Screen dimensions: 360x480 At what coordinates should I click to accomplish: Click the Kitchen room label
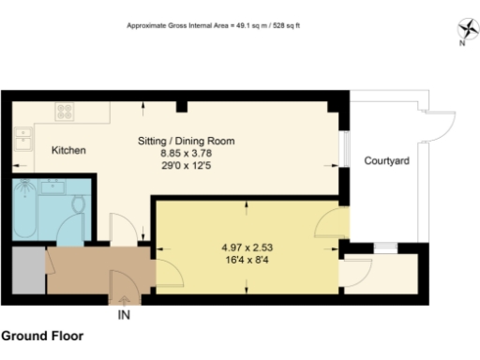pyautogui.click(x=68, y=150)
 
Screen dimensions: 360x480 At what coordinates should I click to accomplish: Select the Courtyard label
pyautogui.click(x=386, y=161)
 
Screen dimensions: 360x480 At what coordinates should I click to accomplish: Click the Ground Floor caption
pyautogui.click(x=42, y=335)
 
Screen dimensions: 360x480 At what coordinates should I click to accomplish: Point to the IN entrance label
pyautogui.click(x=123, y=316)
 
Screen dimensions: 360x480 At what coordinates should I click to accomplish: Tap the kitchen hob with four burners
pyautogui.click(x=66, y=111)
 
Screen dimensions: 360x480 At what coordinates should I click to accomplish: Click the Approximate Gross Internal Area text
pyautogui.click(x=214, y=25)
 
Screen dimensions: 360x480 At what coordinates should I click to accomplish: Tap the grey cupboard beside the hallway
pyautogui.click(x=28, y=271)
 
